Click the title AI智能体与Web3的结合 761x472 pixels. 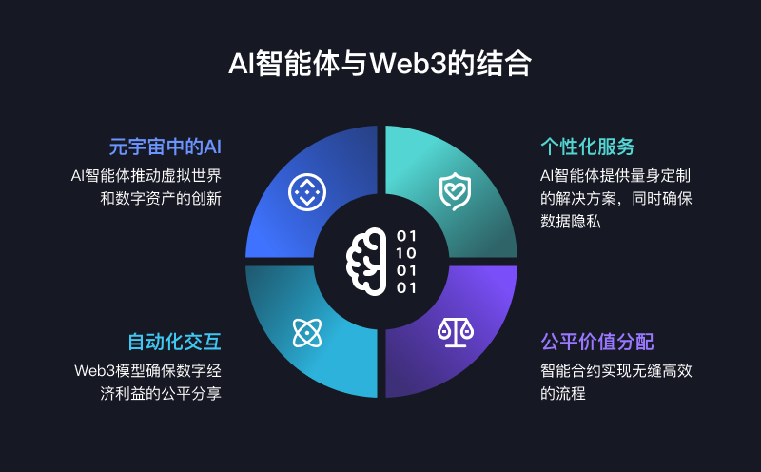tap(380, 63)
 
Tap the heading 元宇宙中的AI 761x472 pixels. tap(165, 147)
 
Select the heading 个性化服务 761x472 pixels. tap(588, 147)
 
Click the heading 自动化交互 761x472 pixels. tap(175, 342)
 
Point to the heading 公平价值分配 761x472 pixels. tap(597, 342)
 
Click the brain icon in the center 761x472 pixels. tap(366, 262)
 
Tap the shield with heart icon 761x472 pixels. tap(455, 191)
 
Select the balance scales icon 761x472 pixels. tap(456, 333)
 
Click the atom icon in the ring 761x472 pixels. tap(307, 333)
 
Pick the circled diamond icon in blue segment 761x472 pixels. tap(307, 192)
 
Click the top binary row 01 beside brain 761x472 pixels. tap(407, 236)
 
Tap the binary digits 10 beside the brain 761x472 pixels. tap(407, 253)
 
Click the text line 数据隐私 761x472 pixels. tap(571, 222)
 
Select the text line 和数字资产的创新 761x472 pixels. tap(161, 198)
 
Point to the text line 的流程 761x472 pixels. tap(563, 393)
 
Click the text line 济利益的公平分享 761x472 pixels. tap(161, 393)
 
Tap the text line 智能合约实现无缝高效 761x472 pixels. tap(616, 370)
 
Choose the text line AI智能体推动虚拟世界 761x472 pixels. tap(146, 175)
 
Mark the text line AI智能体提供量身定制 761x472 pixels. tap(615, 175)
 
